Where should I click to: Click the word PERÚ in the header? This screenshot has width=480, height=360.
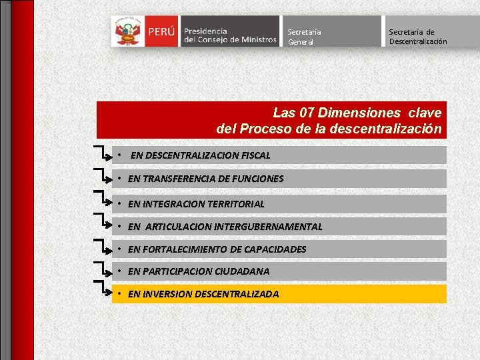pos(162,31)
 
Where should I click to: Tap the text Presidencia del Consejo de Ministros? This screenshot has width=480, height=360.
pos(229,35)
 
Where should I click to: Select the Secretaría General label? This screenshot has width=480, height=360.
pos(304,37)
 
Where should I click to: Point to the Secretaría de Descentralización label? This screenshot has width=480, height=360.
pos(418,37)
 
